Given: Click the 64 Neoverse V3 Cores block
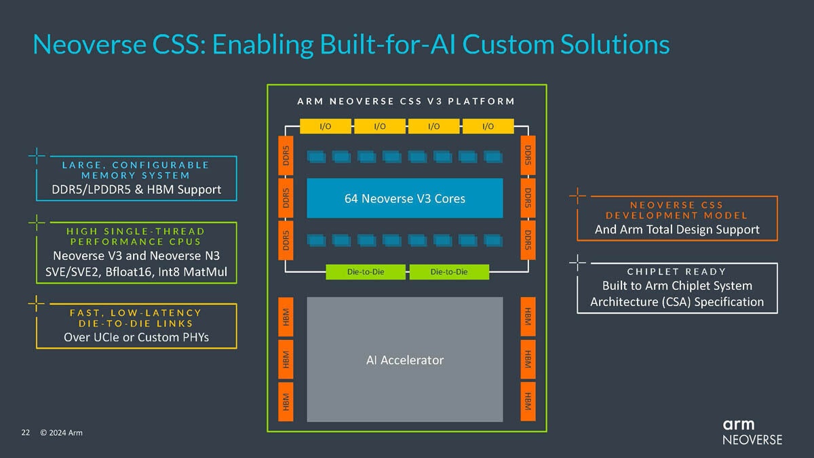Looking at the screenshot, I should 405,198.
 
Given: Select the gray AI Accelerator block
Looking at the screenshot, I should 405,360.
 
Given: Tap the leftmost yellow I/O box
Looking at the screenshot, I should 325,126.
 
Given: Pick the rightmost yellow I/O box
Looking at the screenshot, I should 488,126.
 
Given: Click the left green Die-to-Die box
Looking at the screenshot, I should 366,272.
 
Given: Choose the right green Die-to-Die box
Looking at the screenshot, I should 449,272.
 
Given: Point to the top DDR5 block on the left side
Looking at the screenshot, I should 286,156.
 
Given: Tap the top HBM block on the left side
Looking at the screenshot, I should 286,315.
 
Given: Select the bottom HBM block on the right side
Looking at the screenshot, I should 528,400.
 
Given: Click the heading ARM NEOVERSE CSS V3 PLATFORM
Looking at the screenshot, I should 406,101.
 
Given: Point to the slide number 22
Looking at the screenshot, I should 26,432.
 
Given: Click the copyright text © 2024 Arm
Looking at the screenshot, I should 61,432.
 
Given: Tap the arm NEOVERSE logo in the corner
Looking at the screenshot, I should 752,432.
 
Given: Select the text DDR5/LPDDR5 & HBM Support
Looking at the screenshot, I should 136,189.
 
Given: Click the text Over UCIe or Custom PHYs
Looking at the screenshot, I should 136,337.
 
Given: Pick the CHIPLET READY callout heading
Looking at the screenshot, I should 676,271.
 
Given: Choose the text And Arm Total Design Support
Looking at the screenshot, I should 676,229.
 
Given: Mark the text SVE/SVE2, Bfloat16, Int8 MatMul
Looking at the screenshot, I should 136,273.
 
